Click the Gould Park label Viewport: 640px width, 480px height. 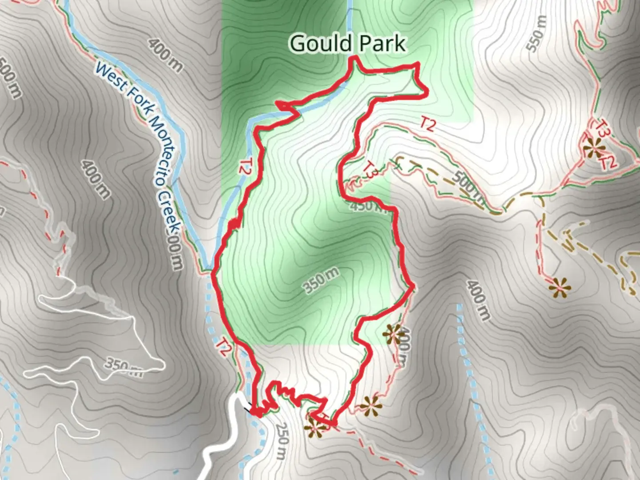pos(347,44)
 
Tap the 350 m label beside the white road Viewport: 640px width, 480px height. pos(124,367)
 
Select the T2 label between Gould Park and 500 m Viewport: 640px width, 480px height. pos(427,125)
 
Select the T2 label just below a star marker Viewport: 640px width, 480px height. pos(608,161)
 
